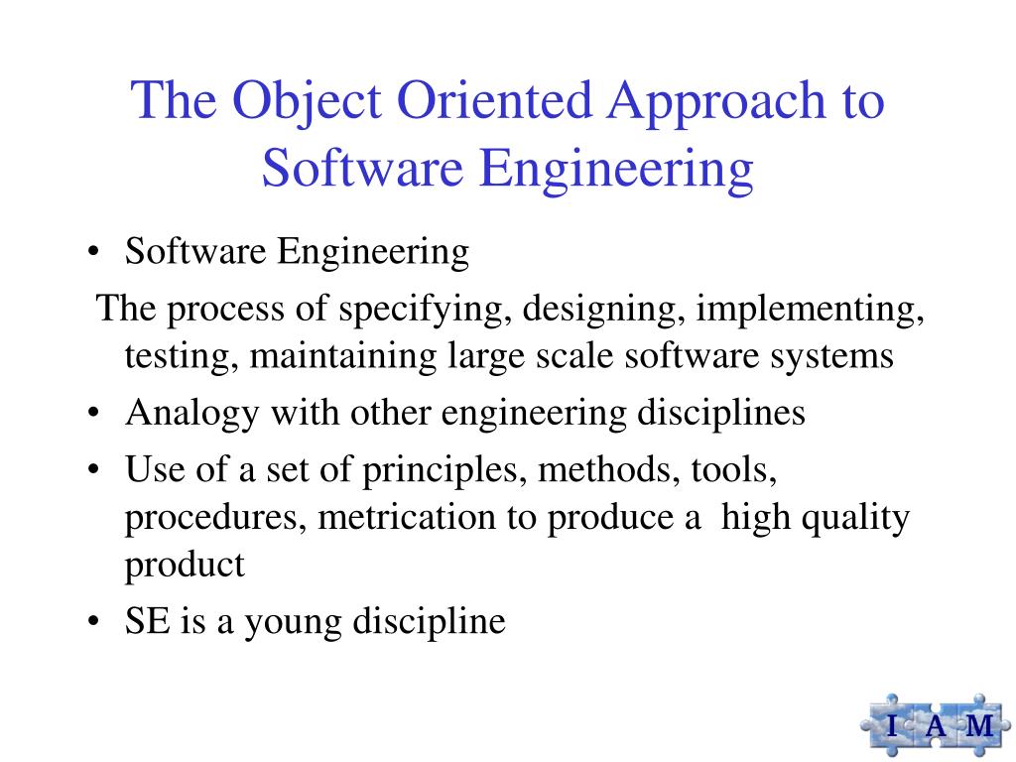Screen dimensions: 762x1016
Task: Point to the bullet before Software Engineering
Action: [x=92, y=253]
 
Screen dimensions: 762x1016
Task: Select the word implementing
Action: [x=810, y=310]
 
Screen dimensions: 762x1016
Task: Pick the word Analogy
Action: [x=184, y=413]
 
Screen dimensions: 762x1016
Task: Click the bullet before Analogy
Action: [x=92, y=414]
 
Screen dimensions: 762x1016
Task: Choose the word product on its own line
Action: [x=185, y=565]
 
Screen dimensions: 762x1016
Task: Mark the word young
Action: [x=290, y=623]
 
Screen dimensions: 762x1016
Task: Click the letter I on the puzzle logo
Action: [x=890, y=725]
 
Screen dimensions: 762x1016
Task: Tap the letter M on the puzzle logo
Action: [x=978, y=725]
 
